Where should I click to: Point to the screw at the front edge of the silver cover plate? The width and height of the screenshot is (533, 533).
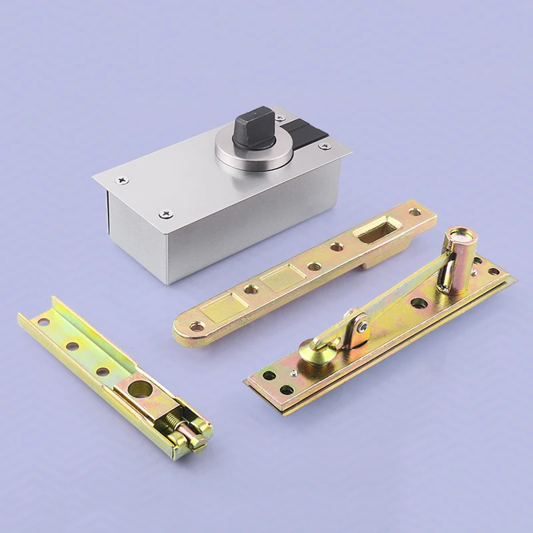tap(166, 214)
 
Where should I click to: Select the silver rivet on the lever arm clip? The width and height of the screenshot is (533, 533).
tap(360, 327)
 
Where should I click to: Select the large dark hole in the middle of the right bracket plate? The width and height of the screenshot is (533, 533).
tap(419, 303)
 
